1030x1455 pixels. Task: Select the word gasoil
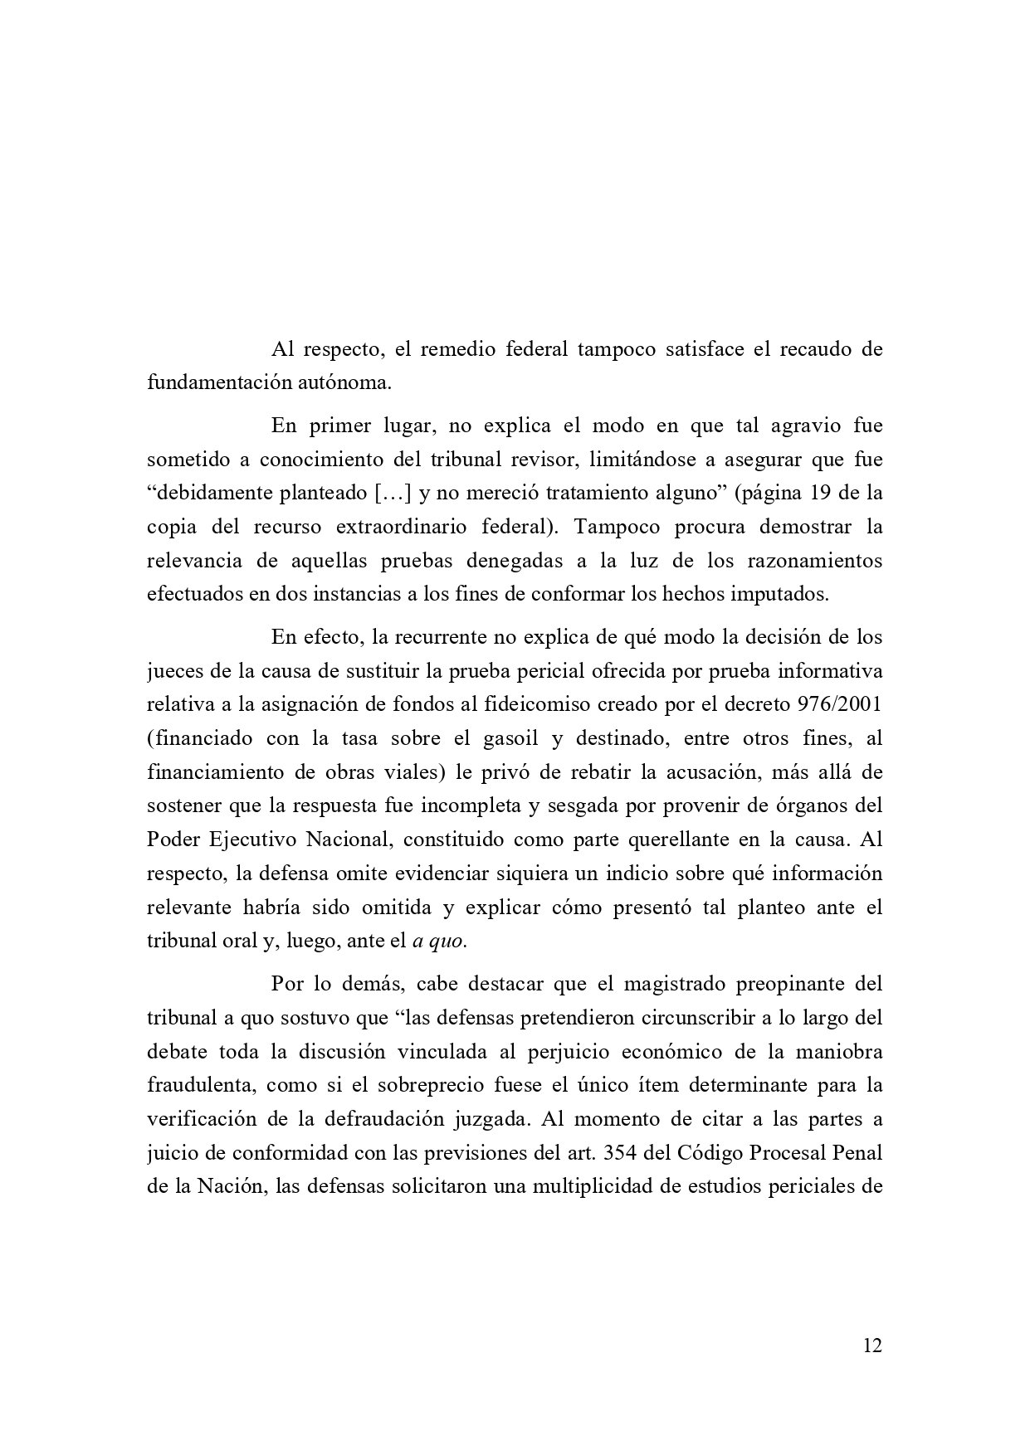(518, 738)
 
